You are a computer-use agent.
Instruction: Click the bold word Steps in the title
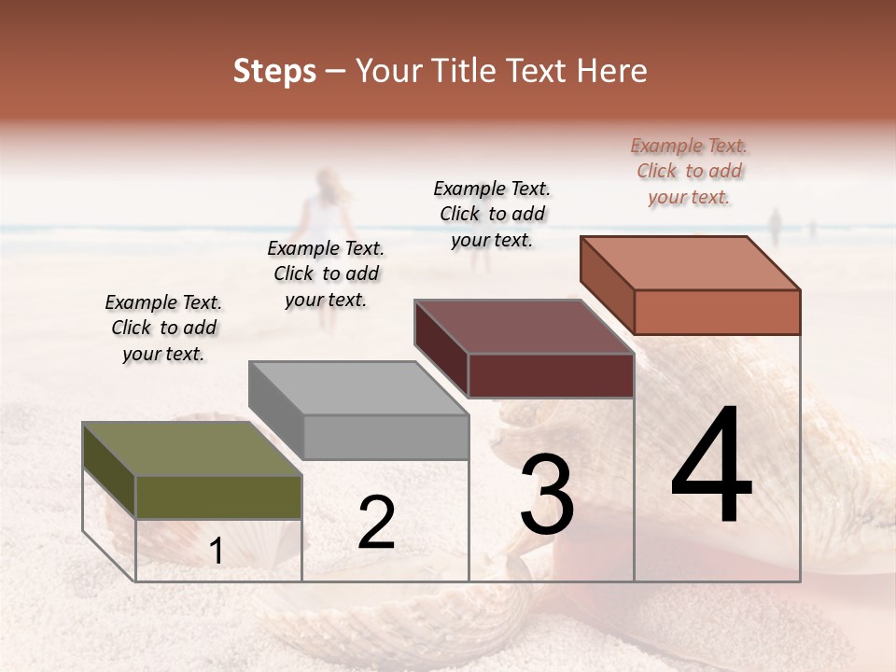pyautogui.click(x=274, y=71)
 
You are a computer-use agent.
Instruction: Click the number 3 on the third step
pyautogui.click(x=547, y=495)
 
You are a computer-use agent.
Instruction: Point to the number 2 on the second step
pyautogui.click(x=376, y=523)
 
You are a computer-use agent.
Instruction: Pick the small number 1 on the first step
pyautogui.click(x=217, y=551)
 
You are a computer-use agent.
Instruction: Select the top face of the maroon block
pyautogui.click(x=524, y=327)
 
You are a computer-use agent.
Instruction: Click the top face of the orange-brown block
pyautogui.click(x=690, y=263)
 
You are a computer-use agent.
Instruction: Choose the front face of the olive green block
pyautogui.click(x=218, y=497)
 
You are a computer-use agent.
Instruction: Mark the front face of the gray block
pyautogui.click(x=385, y=437)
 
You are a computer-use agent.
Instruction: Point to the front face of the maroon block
pyautogui.click(x=551, y=375)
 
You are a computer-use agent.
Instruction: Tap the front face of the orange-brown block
pyautogui.click(x=717, y=312)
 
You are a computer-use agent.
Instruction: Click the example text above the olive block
pyautogui.click(x=163, y=328)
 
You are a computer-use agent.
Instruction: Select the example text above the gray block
pyautogui.click(x=326, y=273)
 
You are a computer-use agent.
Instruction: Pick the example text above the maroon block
pyautogui.click(x=492, y=214)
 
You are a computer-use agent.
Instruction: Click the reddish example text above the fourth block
pyautogui.click(x=689, y=171)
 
